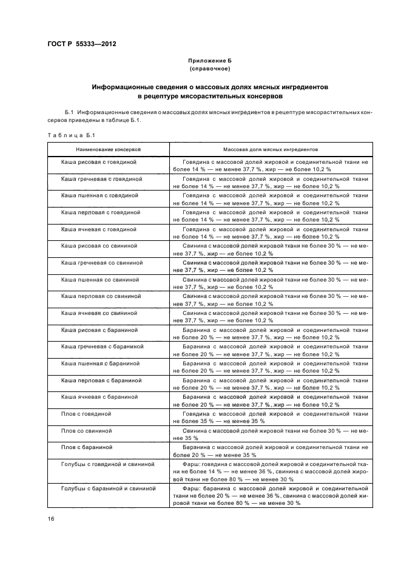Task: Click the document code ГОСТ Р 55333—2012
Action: [81, 44]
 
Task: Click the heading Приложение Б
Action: [210, 61]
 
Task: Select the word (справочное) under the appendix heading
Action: [210, 69]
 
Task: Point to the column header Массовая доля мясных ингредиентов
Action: [271, 148]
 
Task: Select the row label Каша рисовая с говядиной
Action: [99, 163]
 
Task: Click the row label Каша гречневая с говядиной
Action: [101, 180]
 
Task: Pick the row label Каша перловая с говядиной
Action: [101, 213]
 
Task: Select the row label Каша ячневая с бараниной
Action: [100, 396]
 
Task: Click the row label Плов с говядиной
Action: [86, 413]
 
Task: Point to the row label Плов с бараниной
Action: [87, 447]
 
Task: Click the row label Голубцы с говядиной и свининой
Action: [108, 464]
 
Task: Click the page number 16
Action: [51, 519]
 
